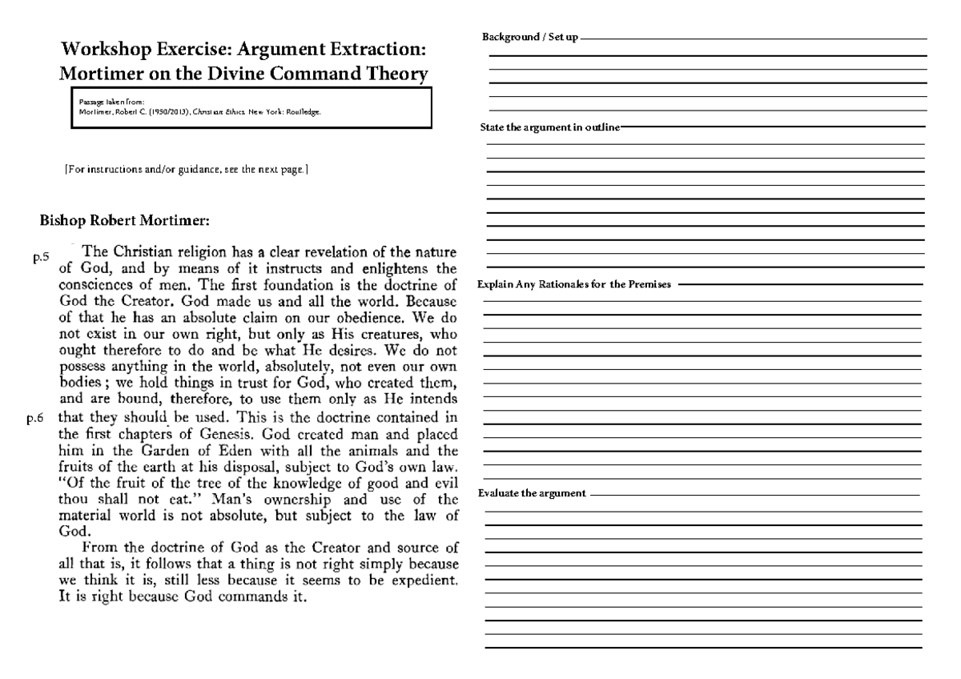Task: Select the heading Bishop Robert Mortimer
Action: click(x=124, y=219)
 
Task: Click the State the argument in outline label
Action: click(x=549, y=128)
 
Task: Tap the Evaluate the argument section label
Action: click(x=532, y=492)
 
